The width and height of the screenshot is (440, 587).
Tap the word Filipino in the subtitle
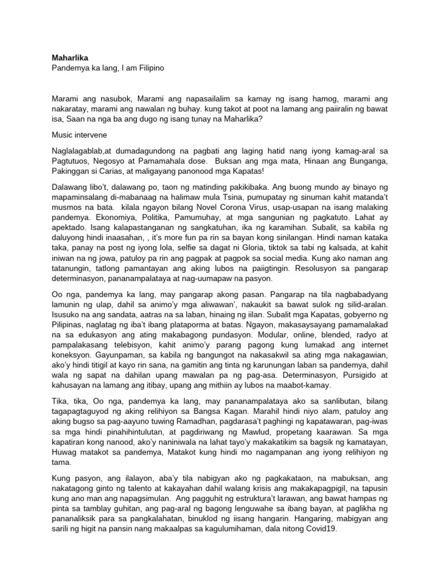coord(147,68)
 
